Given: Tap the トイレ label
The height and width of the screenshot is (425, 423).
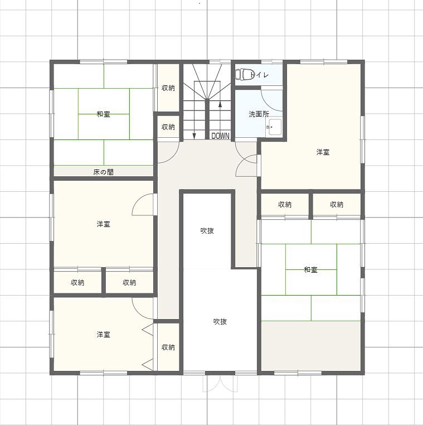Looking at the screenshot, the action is tap(260, 75).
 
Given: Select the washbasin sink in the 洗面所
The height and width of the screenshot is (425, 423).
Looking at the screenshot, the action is tap(274, 127).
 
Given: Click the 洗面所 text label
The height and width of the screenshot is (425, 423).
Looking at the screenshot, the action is tap(259, 114).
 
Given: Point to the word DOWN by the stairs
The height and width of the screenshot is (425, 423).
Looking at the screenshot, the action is tap(220, 136).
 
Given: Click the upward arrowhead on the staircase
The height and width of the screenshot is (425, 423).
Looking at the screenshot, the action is tap(220, 104).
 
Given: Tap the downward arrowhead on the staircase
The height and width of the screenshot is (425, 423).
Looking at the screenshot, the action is tap(194, 136).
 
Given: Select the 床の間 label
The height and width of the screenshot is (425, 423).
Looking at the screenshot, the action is tap(103, 172).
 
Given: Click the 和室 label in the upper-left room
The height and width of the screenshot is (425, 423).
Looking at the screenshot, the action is tap(103, 114).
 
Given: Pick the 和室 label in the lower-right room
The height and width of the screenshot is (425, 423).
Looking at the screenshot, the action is tap(310, 270).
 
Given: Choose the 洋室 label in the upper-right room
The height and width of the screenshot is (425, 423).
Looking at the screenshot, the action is tap(323, 152).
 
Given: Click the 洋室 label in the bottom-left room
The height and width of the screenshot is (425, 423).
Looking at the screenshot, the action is tap(103, 335).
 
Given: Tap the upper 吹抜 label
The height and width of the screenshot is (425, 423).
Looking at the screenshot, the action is tap(207, 231).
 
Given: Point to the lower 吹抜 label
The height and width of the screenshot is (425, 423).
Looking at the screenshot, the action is tap(220, 322).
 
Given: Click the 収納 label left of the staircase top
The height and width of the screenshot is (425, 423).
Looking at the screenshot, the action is tap(168, 88).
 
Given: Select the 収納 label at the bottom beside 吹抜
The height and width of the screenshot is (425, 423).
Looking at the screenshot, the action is tap(168, 347).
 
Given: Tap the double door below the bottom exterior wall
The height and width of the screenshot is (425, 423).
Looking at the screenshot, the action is tap(220, 384).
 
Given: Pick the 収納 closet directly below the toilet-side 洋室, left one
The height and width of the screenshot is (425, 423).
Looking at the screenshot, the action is tap(285, 204).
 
